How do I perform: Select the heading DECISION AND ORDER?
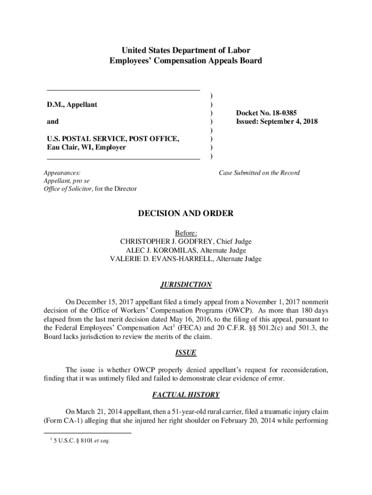186,213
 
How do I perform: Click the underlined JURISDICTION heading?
186,285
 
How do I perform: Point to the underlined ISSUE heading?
186,353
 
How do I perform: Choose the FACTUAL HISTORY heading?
186,395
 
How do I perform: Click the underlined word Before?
186,233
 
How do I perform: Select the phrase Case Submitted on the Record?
259,173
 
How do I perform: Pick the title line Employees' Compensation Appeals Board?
186,61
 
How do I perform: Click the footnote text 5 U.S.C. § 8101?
77,441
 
